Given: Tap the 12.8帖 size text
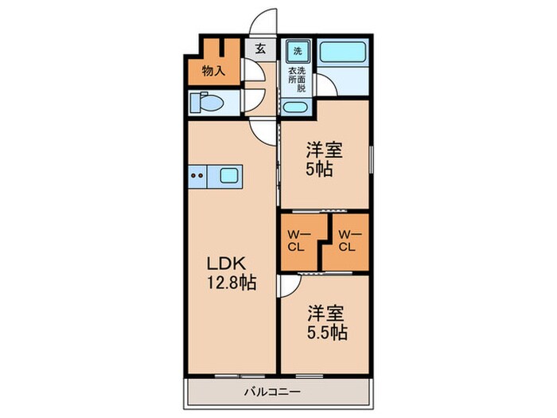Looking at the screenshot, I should [232, 283].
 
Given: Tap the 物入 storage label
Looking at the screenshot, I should [213, 70].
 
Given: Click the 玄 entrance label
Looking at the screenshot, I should [260, 48].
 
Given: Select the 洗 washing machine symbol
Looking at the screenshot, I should [298, 51].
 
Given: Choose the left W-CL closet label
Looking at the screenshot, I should [298, 240].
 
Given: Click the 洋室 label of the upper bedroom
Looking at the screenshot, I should [325, 149].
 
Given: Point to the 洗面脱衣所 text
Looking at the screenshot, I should [296, 80].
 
